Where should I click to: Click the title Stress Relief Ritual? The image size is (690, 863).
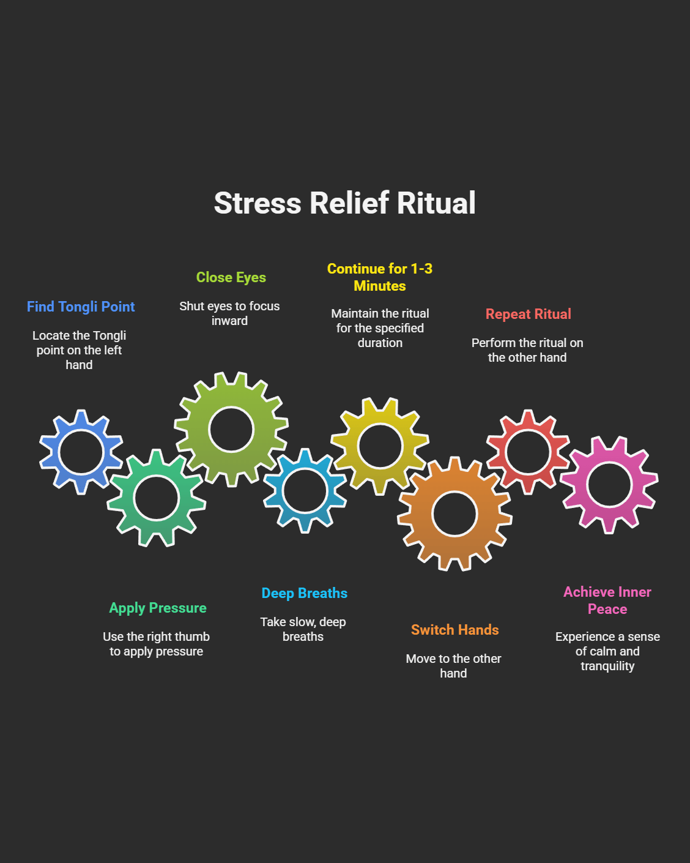pyautogui.click(x=344, y=203)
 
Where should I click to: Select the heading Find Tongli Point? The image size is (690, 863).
pyautogui.click(x=81, y=307)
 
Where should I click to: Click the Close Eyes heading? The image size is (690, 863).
pyautogui.click(x=231, y=277)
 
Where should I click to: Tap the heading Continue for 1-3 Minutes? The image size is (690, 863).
pyautogui.click(x=380, y=277)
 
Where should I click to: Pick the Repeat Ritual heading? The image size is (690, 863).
pyautogui.click(x=529, y=314)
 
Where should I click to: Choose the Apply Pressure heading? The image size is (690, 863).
pyautogui.click(x=158, y=608)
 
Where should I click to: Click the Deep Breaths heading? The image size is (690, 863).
pyautogui.click(x=305, y=593)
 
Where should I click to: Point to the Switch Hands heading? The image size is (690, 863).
pyautogui.click(x=455, y=630)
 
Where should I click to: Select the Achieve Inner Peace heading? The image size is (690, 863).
pyautogui.click(x=607, y=600)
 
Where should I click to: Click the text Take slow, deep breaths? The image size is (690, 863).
pyautogui.click(x=303, y=629)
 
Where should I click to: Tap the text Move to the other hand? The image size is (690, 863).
pyautogui.click(x=454, y=666)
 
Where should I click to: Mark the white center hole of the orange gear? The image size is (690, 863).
pyautogui.click(x=454, y=514)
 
